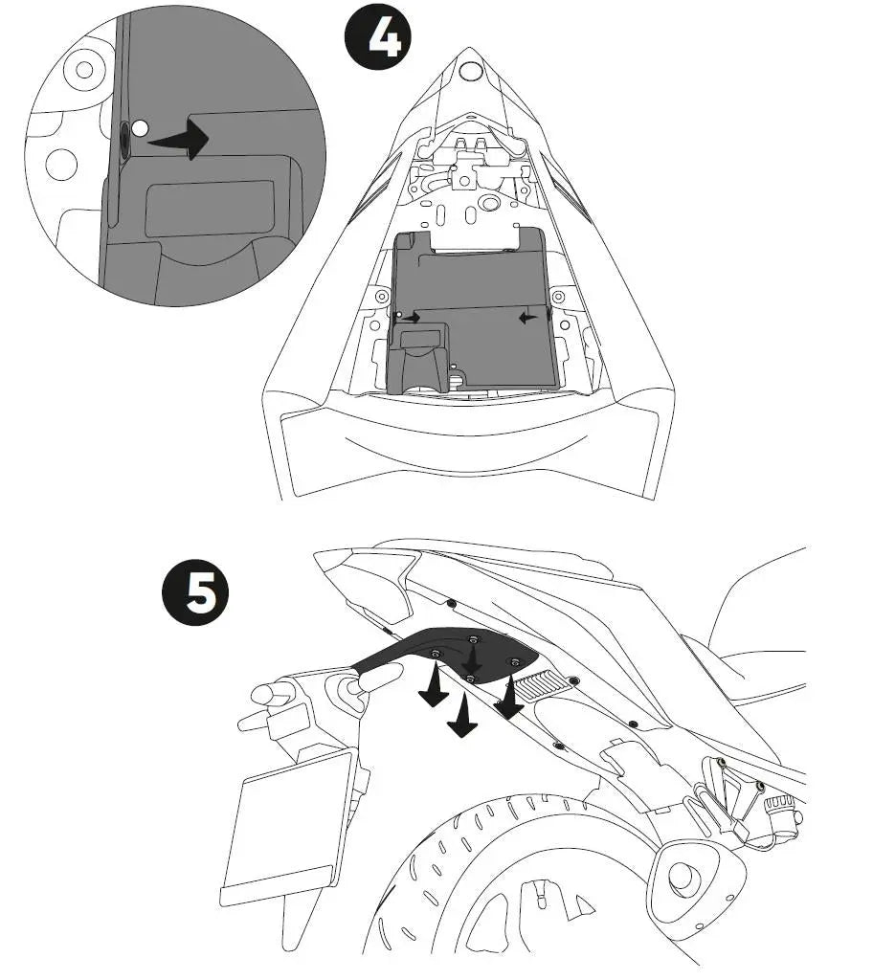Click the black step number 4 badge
tap(378, 36)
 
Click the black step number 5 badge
tap(195, 591)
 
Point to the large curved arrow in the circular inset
tap(181, 138)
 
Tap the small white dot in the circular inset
tap(140, 129)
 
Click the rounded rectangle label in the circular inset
tap(210, 209)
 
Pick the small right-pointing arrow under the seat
tap(411, 318)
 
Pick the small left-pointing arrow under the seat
tap(527, 318)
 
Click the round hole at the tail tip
tap(469, 70)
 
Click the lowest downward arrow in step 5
tap(462, 716)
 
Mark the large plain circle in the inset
tap(61, 164)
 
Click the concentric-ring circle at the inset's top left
tap(84, 69)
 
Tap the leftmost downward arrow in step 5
tap(434, 687)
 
